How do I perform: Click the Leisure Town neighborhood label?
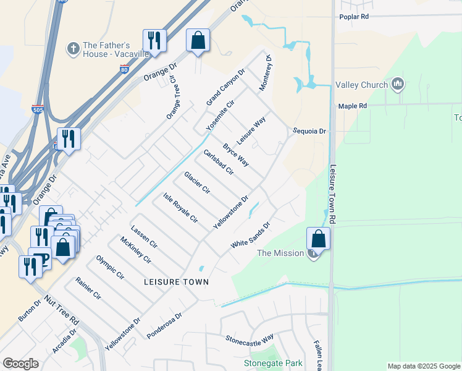point(176,281)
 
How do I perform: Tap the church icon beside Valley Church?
point(398,83)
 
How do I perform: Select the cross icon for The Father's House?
point(73,48)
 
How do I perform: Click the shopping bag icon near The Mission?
point(318,238)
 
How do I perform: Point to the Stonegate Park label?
point(274,363)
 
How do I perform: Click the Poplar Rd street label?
point(354,17)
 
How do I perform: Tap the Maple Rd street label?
point(353,106)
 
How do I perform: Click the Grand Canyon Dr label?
point(226,87)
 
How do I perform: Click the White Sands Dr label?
point(251,236)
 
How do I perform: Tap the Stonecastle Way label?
point(250,339)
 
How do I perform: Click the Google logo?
point(20,363)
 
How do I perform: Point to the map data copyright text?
point(422,366)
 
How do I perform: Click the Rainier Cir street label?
point(88,288)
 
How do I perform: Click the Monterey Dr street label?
point(266,74)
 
